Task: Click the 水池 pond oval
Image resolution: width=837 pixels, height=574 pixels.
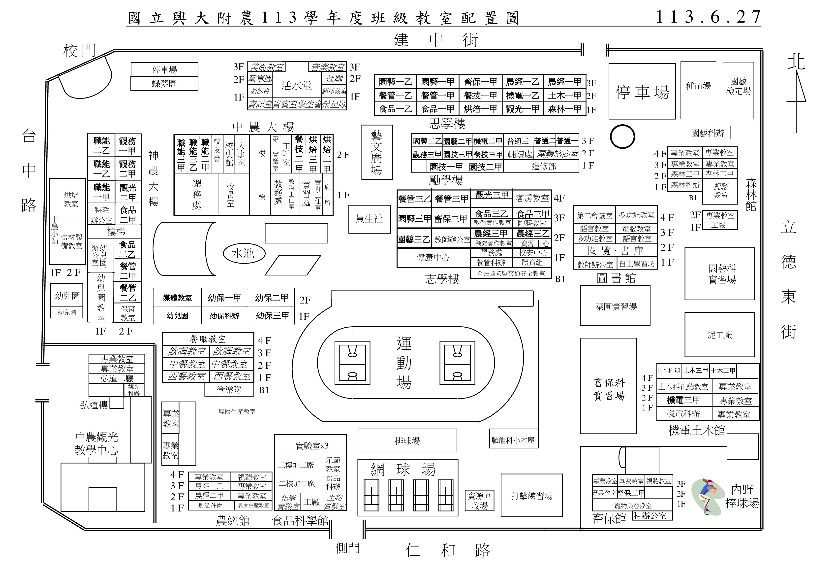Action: (x=244, y=253)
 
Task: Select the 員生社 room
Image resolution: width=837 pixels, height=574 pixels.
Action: (x=369, y=219)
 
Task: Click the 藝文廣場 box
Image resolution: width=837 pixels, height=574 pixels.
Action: (x=376, y=152)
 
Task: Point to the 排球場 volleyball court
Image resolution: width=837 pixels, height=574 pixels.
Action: (x=407, y=440)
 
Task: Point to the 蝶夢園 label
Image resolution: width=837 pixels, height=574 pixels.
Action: (x=164, y=84)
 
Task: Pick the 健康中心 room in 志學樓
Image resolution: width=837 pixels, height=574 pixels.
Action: (x=433, y=257)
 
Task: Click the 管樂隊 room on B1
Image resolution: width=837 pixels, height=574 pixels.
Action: (x=229, y=390)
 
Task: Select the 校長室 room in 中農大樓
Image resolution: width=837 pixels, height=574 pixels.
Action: (x=230, y=195)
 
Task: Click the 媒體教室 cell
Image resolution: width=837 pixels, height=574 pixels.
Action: (x=177, y=298)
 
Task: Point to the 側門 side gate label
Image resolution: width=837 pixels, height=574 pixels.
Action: (x=347, y=548)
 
